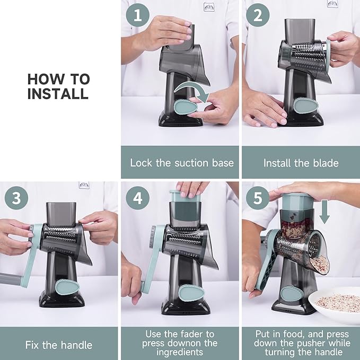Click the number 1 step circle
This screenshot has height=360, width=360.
138,16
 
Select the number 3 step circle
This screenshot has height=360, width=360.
16,198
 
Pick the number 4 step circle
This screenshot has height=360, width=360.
138,198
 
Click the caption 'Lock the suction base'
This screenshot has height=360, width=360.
182,163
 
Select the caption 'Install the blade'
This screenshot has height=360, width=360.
301,163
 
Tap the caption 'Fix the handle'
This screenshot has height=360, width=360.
58,345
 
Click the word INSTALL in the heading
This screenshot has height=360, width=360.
58,94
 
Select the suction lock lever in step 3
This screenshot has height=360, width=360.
66,289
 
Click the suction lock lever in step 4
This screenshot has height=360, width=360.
189,292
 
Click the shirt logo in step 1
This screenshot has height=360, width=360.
209,6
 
